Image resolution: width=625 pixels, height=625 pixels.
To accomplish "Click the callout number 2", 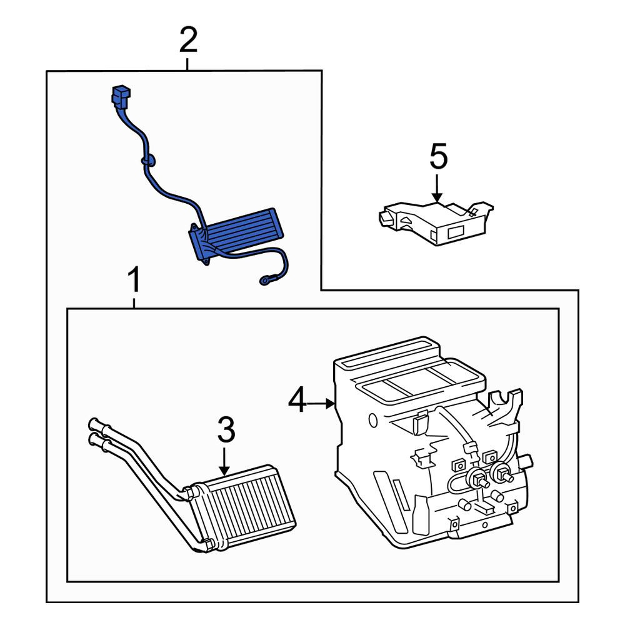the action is coord(188,40).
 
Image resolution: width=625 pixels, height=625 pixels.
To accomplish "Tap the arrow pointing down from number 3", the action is coord(225,461).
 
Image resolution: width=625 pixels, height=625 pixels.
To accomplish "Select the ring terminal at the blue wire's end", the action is coord(264,281).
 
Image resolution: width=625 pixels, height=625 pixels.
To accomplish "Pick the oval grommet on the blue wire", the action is coord(148,161).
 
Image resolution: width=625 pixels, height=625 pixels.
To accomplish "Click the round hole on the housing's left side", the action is coord(373,420).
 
